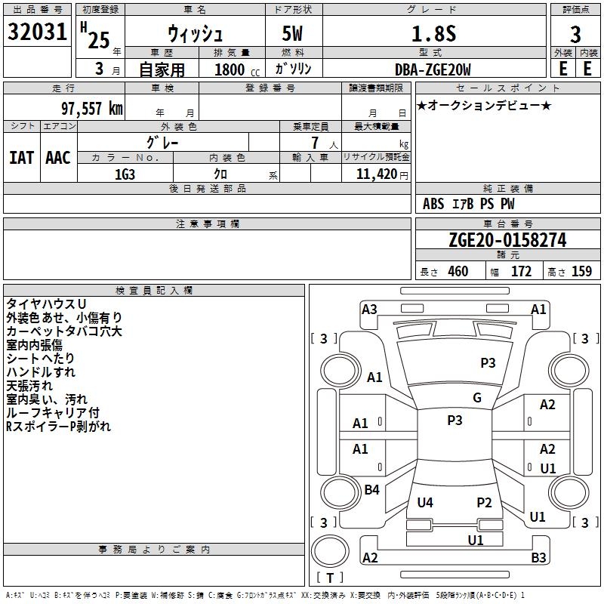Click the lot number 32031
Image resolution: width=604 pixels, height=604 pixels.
pos(37,32)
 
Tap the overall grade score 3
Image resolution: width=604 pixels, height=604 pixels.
pos(575,34)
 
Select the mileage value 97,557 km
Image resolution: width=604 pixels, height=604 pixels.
pos(92,109)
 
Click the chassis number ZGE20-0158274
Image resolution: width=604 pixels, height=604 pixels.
pos(507,240)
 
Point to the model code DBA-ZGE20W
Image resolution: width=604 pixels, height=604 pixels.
pos(433,69)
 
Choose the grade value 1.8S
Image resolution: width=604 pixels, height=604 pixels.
pos(434,33)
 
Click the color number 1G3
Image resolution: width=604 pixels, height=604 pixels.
pos(125,174)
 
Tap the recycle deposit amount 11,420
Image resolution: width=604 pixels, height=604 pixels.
pos(376,174)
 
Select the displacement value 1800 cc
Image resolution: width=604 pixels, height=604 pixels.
pos(237,69)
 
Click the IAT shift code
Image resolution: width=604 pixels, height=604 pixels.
pos(22,158)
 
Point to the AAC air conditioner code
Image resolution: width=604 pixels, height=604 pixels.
pos(58,158)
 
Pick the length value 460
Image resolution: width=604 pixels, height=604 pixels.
pos(458,271)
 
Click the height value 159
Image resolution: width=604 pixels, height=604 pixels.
pos(581,271)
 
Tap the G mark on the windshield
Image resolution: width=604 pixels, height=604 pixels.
pos(477,398)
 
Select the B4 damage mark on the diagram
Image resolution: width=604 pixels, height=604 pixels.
pos(371,489)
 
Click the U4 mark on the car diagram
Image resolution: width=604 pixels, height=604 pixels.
pos(425,502)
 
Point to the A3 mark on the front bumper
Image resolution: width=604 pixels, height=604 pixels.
pos(369,310)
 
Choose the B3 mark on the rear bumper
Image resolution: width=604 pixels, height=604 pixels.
pos(538,557)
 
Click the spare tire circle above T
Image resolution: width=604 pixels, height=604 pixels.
pos(330,551)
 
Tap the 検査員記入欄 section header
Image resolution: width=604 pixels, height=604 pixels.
pos(154,291)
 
